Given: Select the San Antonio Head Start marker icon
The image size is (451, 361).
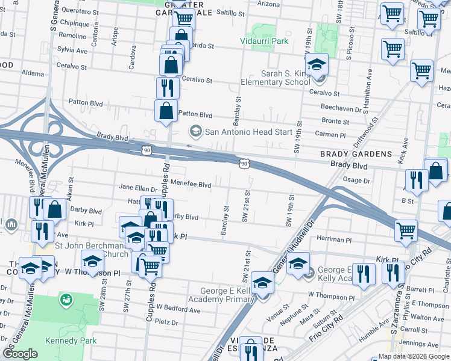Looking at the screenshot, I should tap(195, 131).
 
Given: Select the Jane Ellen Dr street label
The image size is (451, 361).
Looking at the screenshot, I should tap(138, 188).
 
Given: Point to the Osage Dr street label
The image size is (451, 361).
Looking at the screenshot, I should tap(356, 180).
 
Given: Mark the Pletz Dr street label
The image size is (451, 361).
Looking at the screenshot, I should tap(166, 322).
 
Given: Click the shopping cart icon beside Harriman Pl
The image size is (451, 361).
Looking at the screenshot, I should tap(406, 230).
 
